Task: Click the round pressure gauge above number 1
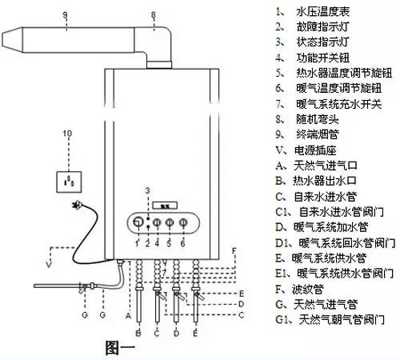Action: tap(138, 222)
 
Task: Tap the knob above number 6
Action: tap(184, 222)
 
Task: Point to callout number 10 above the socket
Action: tap(67, 133)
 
